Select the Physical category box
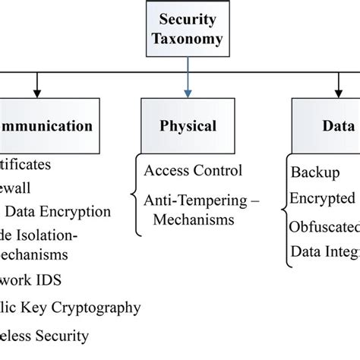[x=187, y=125]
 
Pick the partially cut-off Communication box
[x=46, y=125]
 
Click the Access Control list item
[x=193, y=169]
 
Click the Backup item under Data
[x=314, y=172]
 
